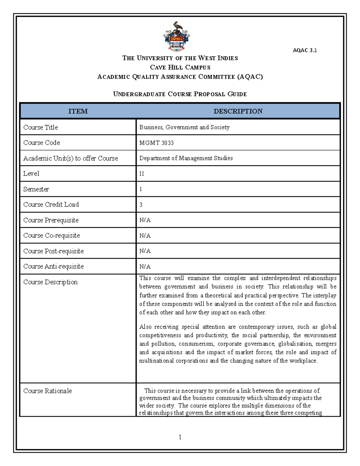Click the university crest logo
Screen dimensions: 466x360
pos(177,36)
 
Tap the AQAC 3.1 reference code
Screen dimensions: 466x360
pos(305,50)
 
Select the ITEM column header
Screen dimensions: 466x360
pos(78,111)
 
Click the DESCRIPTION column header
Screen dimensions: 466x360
pos(238,111)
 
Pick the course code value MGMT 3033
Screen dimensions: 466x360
pos(156,143)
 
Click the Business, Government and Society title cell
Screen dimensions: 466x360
pos(184,127)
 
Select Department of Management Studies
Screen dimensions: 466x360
pos(186,158)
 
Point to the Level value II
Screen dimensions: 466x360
pos(142,174)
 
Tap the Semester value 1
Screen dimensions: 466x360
pos(141,189)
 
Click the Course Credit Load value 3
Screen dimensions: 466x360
pos(141,205)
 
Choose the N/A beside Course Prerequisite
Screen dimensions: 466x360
pos(145,220)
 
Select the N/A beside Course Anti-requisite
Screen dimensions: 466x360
pos(145,266)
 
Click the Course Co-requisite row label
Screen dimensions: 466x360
pos(52,236)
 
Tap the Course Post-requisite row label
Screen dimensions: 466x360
pos(53,251)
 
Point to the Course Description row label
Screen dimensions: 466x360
pos(50,282)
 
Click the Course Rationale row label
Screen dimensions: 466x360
pos(47,391)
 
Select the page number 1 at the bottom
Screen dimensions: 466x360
pos(180,437)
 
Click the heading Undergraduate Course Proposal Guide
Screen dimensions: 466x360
pos(180,94)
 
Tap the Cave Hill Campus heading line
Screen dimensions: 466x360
pos(180,68)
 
